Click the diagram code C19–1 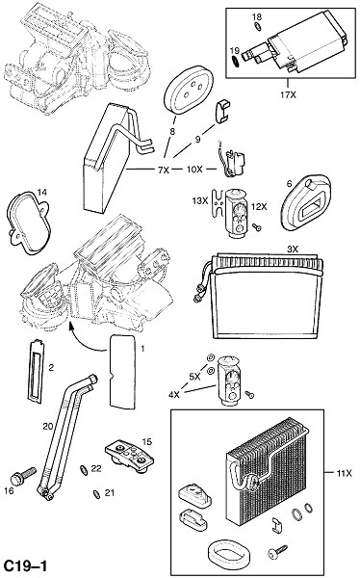coord(25,566)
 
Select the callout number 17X coord(288,94)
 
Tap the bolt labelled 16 coord(23,476)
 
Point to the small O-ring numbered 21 coord(97,494)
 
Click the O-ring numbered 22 coord(84,470)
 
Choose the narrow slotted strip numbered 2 coord(37,370)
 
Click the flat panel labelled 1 coord(123,372)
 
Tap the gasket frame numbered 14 coord(28,223)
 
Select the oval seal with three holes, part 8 coord(189,90)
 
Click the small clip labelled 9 coord(221,111)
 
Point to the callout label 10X coord(194,170)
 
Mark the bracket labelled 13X coord(219,202)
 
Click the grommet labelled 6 coord(305,202)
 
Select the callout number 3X coord(293,250)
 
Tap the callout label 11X coord(345,473)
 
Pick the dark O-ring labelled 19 coord(235,61)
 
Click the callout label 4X coord(174,395)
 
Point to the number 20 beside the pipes coord(48,427)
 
